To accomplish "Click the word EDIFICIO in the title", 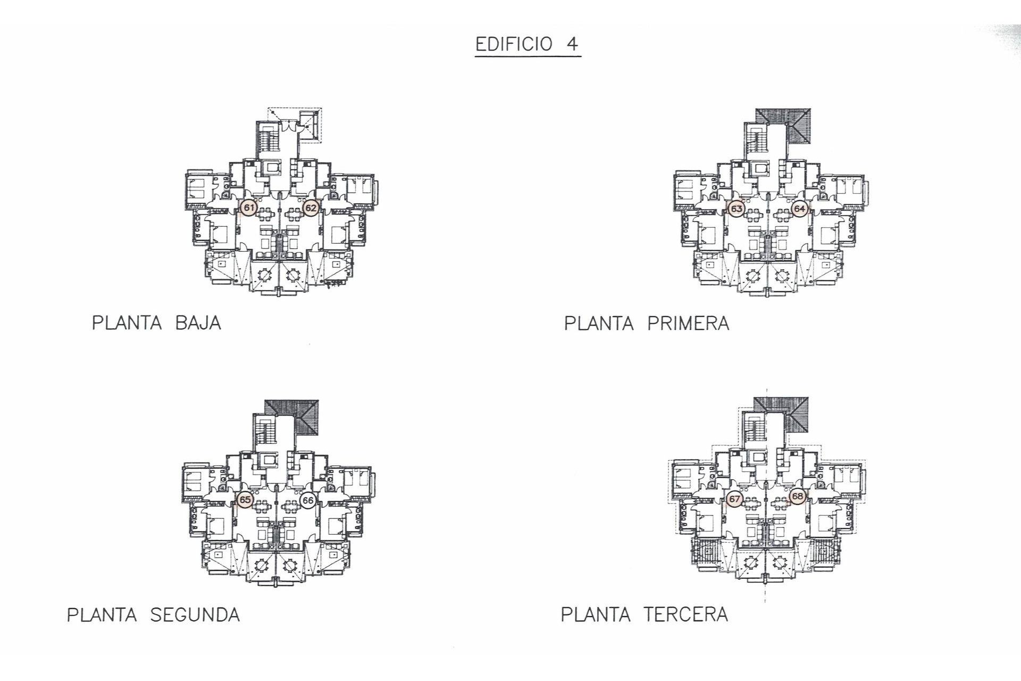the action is point(507,44).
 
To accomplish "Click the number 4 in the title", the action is point(572,44).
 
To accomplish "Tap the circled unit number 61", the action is point(248,207).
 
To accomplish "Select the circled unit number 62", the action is point(311,208).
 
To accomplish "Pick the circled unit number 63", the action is point(737,209).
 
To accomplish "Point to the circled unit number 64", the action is point(799,209).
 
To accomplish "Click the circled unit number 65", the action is point(245,500).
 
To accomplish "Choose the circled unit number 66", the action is point(308,500).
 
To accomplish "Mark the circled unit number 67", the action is point(734,500).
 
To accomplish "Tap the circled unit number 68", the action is point(797,496).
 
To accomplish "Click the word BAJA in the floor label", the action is point(198,323).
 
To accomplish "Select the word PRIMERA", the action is point(688,323).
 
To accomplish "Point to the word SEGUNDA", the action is point(195,615).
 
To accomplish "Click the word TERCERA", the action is point(685,614).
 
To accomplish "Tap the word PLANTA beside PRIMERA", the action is point(599,323).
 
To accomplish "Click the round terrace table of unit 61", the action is point(264,275).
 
